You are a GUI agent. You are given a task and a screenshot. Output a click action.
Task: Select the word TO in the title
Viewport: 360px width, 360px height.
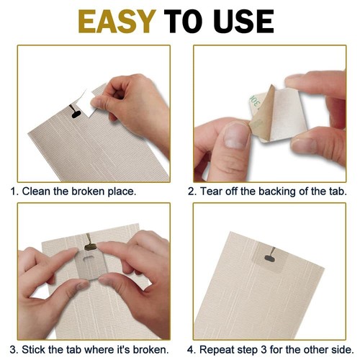tap(185, 22)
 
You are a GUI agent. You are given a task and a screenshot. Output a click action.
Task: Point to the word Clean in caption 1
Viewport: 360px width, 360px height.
tap(37, 192)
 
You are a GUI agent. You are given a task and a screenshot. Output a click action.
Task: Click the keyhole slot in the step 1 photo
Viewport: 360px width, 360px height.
tap(75, 112)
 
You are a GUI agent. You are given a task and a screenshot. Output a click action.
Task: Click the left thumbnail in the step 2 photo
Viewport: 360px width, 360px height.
tap(233, 134)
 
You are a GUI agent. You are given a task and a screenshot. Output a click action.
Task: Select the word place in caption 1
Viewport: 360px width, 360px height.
tap(120, 192)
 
